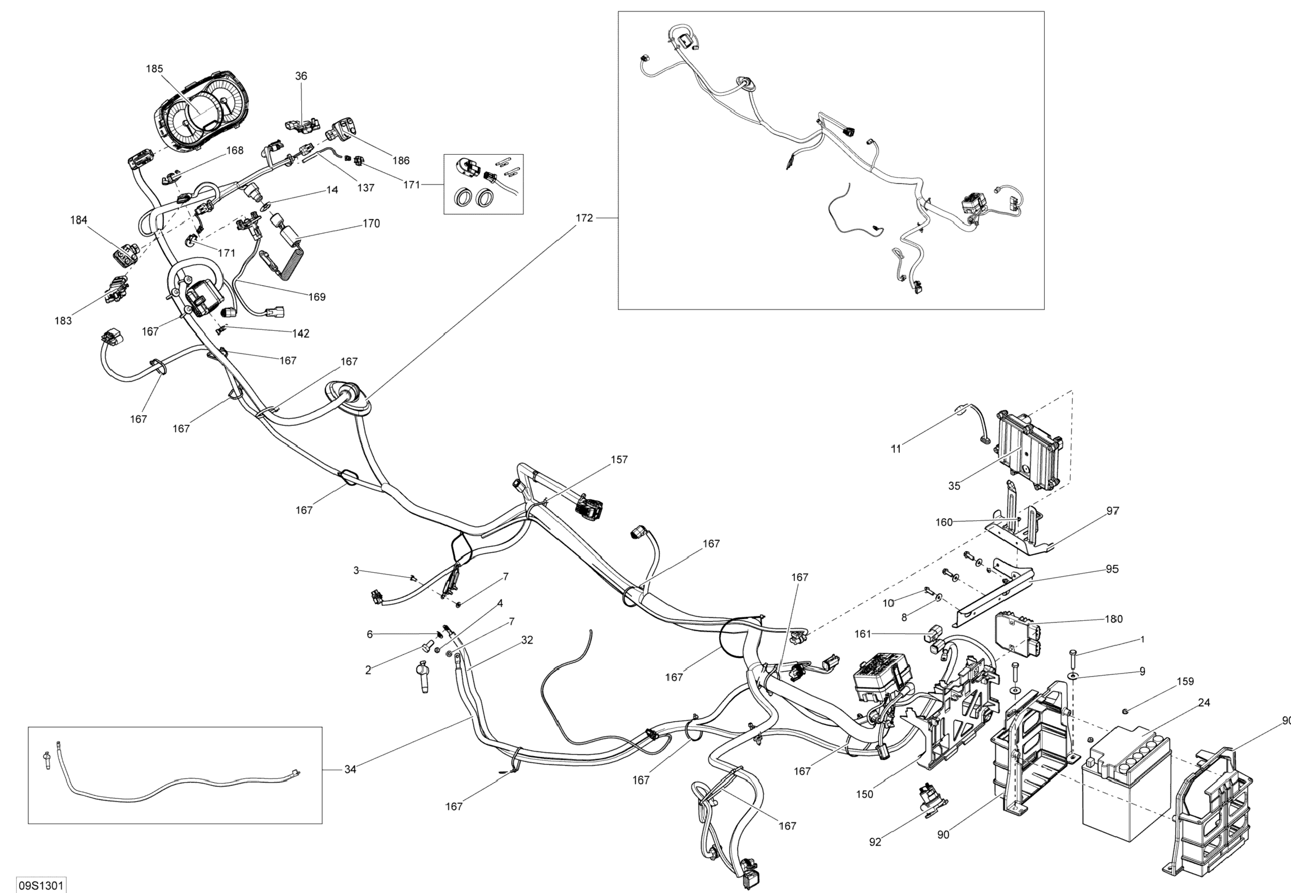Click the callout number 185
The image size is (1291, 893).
click(154, 69)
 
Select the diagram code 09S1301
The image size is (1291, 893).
click(41, 886)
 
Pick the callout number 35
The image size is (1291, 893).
click(954, 486)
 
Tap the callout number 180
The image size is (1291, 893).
click(1114, 619)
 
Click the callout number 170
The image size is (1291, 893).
click(371, 224)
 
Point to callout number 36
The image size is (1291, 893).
click(301, 76)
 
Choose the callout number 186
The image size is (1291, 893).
click(401, 160)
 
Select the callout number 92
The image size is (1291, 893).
click(875, 842)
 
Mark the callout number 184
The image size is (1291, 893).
click(78, 221)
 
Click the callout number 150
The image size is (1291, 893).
click(864, 794)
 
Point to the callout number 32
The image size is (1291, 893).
click(527, 640)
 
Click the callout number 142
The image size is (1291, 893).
click(301, 333)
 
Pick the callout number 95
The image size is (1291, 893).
click(1112, 569)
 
